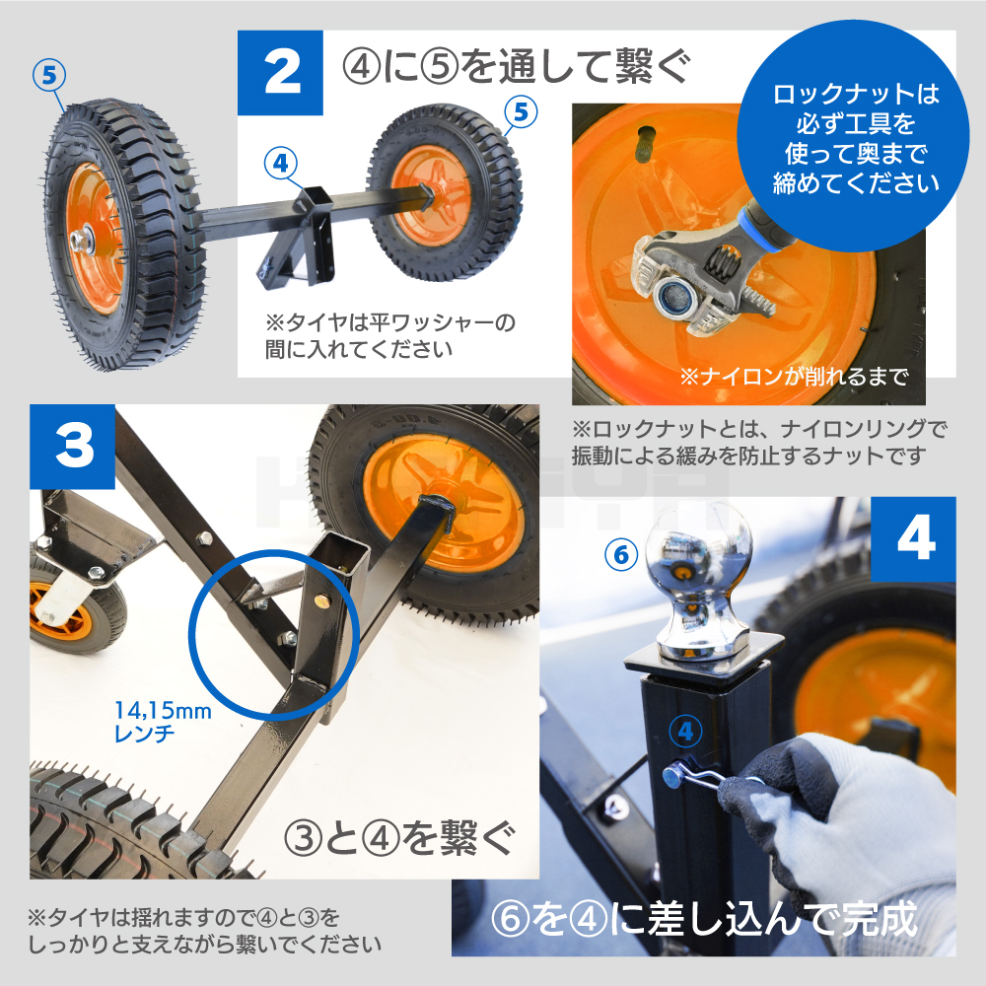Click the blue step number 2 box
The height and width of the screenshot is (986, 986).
280,73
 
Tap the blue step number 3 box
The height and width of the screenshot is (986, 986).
72,447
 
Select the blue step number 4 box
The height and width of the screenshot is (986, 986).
913,539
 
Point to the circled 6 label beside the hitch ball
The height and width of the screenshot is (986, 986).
621,554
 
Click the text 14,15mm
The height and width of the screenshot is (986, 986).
163,711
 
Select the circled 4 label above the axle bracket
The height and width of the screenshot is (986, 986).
280,163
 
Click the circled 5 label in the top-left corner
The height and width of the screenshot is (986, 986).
49,76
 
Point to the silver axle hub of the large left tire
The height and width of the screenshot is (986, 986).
81,242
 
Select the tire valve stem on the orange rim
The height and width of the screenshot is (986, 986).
646,145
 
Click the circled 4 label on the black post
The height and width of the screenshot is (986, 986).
685,732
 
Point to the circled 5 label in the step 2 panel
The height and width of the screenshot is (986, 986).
521,112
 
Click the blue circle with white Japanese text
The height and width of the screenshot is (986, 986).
855,136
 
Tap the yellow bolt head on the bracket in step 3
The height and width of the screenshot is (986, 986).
322,602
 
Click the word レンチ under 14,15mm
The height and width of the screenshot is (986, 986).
144,734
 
